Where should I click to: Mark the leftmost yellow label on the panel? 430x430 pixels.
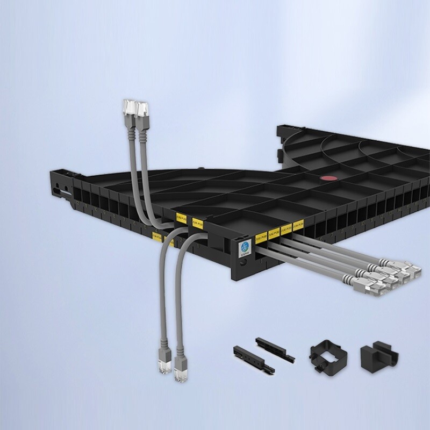156,236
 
